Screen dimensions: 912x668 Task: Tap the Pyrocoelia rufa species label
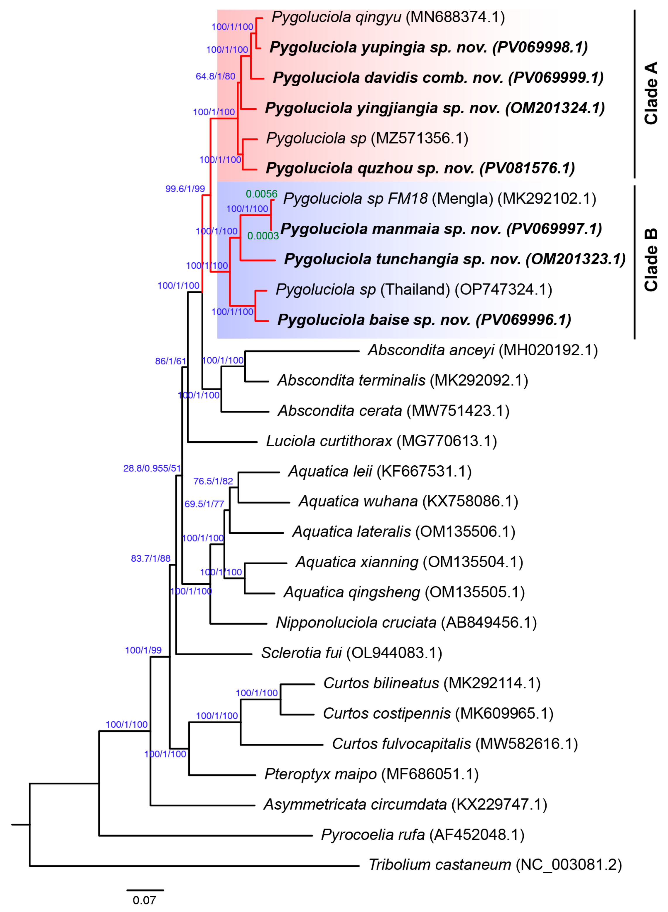point(423,835)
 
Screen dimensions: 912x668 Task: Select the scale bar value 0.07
point(144,900)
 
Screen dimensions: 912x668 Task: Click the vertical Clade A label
point(651,93)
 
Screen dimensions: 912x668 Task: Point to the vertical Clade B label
point(651,260)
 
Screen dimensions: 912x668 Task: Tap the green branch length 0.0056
point(262,194)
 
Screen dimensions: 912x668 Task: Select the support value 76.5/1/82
point(213,481)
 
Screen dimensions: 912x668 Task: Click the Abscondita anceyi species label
point(482,350)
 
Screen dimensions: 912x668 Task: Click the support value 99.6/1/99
point(185,189)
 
